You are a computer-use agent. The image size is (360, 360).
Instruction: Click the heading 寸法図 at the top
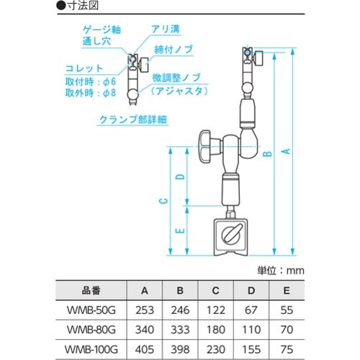point(85,6)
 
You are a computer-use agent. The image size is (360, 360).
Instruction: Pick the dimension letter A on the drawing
point(285,152)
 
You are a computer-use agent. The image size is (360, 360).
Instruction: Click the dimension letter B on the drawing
point(266,153)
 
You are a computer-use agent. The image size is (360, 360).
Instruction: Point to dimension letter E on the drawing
point(179,230)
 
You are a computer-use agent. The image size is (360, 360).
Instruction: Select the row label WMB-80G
point(91,328)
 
